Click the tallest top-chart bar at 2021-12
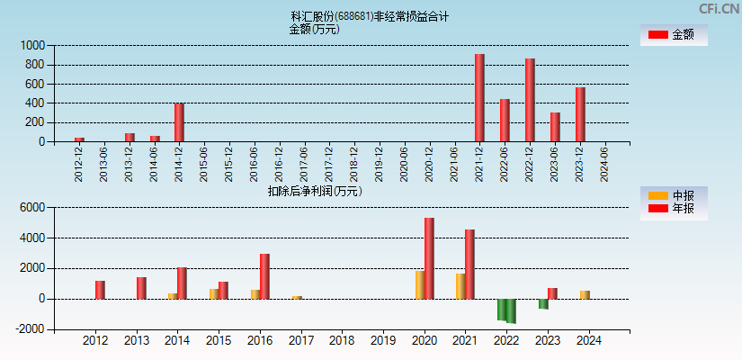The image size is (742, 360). coord(479,98)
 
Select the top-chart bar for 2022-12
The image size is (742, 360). coord(530,100)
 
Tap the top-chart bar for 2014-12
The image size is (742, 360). coord(179,122)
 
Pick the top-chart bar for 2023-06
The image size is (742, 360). coord(555,127)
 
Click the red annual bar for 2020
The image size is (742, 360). coord(429,258)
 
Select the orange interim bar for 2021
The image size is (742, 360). coord(460,286)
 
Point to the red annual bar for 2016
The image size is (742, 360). coord(264,276)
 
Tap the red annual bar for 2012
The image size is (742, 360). coord(100,290)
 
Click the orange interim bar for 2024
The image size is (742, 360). coord(585,294)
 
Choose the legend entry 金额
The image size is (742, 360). coord(674,35)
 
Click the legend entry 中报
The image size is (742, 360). coord(674,195)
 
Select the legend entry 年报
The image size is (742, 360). coord(674,209)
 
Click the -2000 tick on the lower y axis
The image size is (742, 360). coord(31,329)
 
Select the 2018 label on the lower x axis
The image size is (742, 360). coord(342,341)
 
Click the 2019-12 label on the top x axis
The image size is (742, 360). coord(380,164)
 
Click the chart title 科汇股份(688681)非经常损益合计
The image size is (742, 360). coord(370,16)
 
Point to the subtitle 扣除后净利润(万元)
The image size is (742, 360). coord(315,191)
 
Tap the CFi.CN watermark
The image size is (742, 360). coord(719,9)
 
